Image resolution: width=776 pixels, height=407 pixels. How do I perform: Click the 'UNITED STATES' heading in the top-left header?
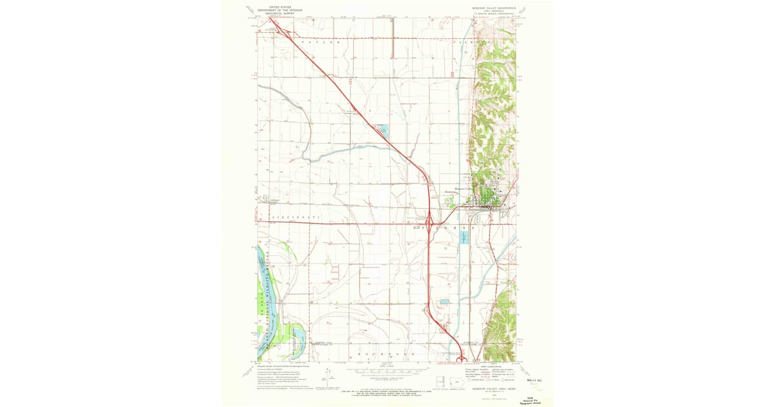[x=271, y=6]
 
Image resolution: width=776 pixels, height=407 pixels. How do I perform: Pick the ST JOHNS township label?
[x=447, y=228]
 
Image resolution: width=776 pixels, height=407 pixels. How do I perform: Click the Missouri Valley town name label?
[x=460, y=190]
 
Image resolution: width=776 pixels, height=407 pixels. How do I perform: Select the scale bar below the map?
[x=388, y=373]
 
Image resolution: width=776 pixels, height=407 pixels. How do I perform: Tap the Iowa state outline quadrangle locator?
[x=441, y=381]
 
